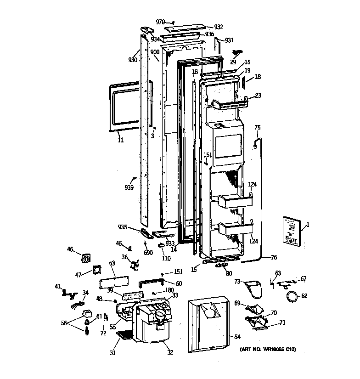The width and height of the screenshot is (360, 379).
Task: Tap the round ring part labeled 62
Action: point(291,296)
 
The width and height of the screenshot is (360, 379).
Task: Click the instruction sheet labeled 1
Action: point(290,232)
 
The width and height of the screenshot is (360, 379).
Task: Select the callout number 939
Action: point(129,187)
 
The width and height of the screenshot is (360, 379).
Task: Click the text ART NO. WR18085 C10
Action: point(267,350)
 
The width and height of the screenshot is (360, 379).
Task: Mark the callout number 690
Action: point(148,253)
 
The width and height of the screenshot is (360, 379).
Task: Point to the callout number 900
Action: point(155,52)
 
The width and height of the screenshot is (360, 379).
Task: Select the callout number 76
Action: point(274,257)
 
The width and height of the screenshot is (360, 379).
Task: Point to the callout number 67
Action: point(304,279)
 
